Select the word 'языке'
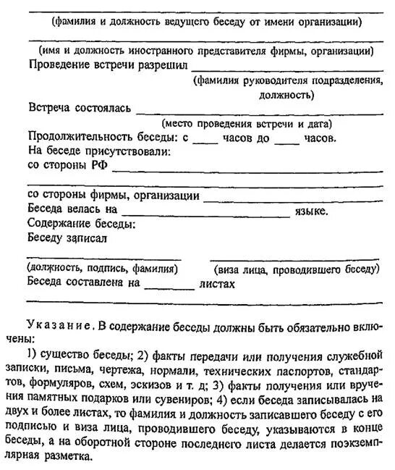click(310, 211)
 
